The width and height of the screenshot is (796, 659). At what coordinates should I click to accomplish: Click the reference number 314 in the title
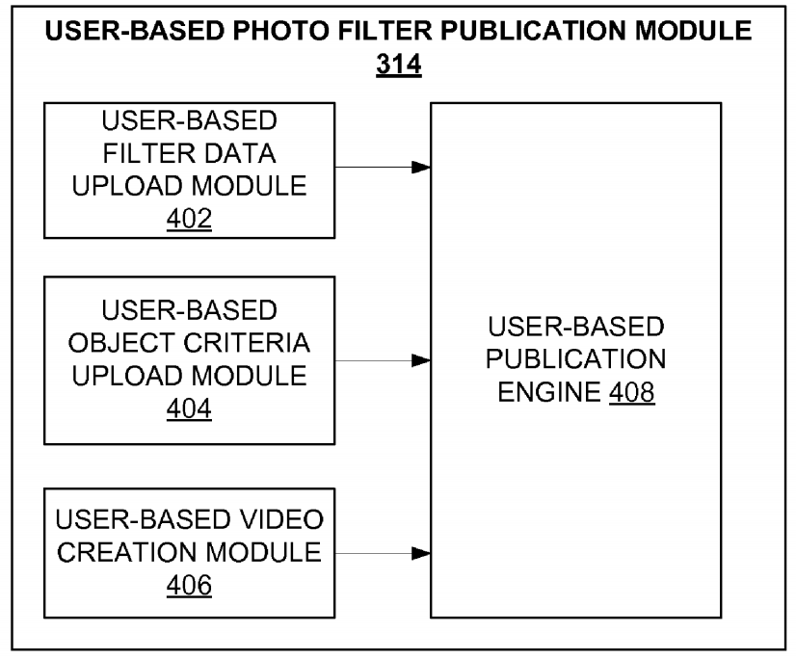[x=399, y=65]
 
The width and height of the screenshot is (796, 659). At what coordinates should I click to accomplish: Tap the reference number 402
[x=189, y=219]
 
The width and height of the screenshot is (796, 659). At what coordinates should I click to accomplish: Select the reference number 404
[x=189, y=409]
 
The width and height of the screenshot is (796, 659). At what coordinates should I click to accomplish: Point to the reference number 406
[x=189, y=585]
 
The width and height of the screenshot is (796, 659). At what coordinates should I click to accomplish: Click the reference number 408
[x=631, y=391]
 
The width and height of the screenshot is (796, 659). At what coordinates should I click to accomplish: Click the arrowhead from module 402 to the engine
[x=421, y=167]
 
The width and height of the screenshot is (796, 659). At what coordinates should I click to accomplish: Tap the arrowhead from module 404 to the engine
[x=421, y=360]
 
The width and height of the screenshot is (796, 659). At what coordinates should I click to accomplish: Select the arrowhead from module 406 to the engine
[x=421, y=553]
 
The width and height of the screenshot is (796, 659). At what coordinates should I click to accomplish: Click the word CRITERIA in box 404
[x=247, y=343]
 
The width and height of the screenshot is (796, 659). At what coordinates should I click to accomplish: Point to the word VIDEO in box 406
[x=281, y=519]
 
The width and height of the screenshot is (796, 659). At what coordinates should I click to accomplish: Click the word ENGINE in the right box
[x=549, y=391]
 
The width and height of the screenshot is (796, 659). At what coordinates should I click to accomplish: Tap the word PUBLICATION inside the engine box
[x=575, y=359]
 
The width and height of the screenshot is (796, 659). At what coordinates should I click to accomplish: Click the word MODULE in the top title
[x=694, y=31]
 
